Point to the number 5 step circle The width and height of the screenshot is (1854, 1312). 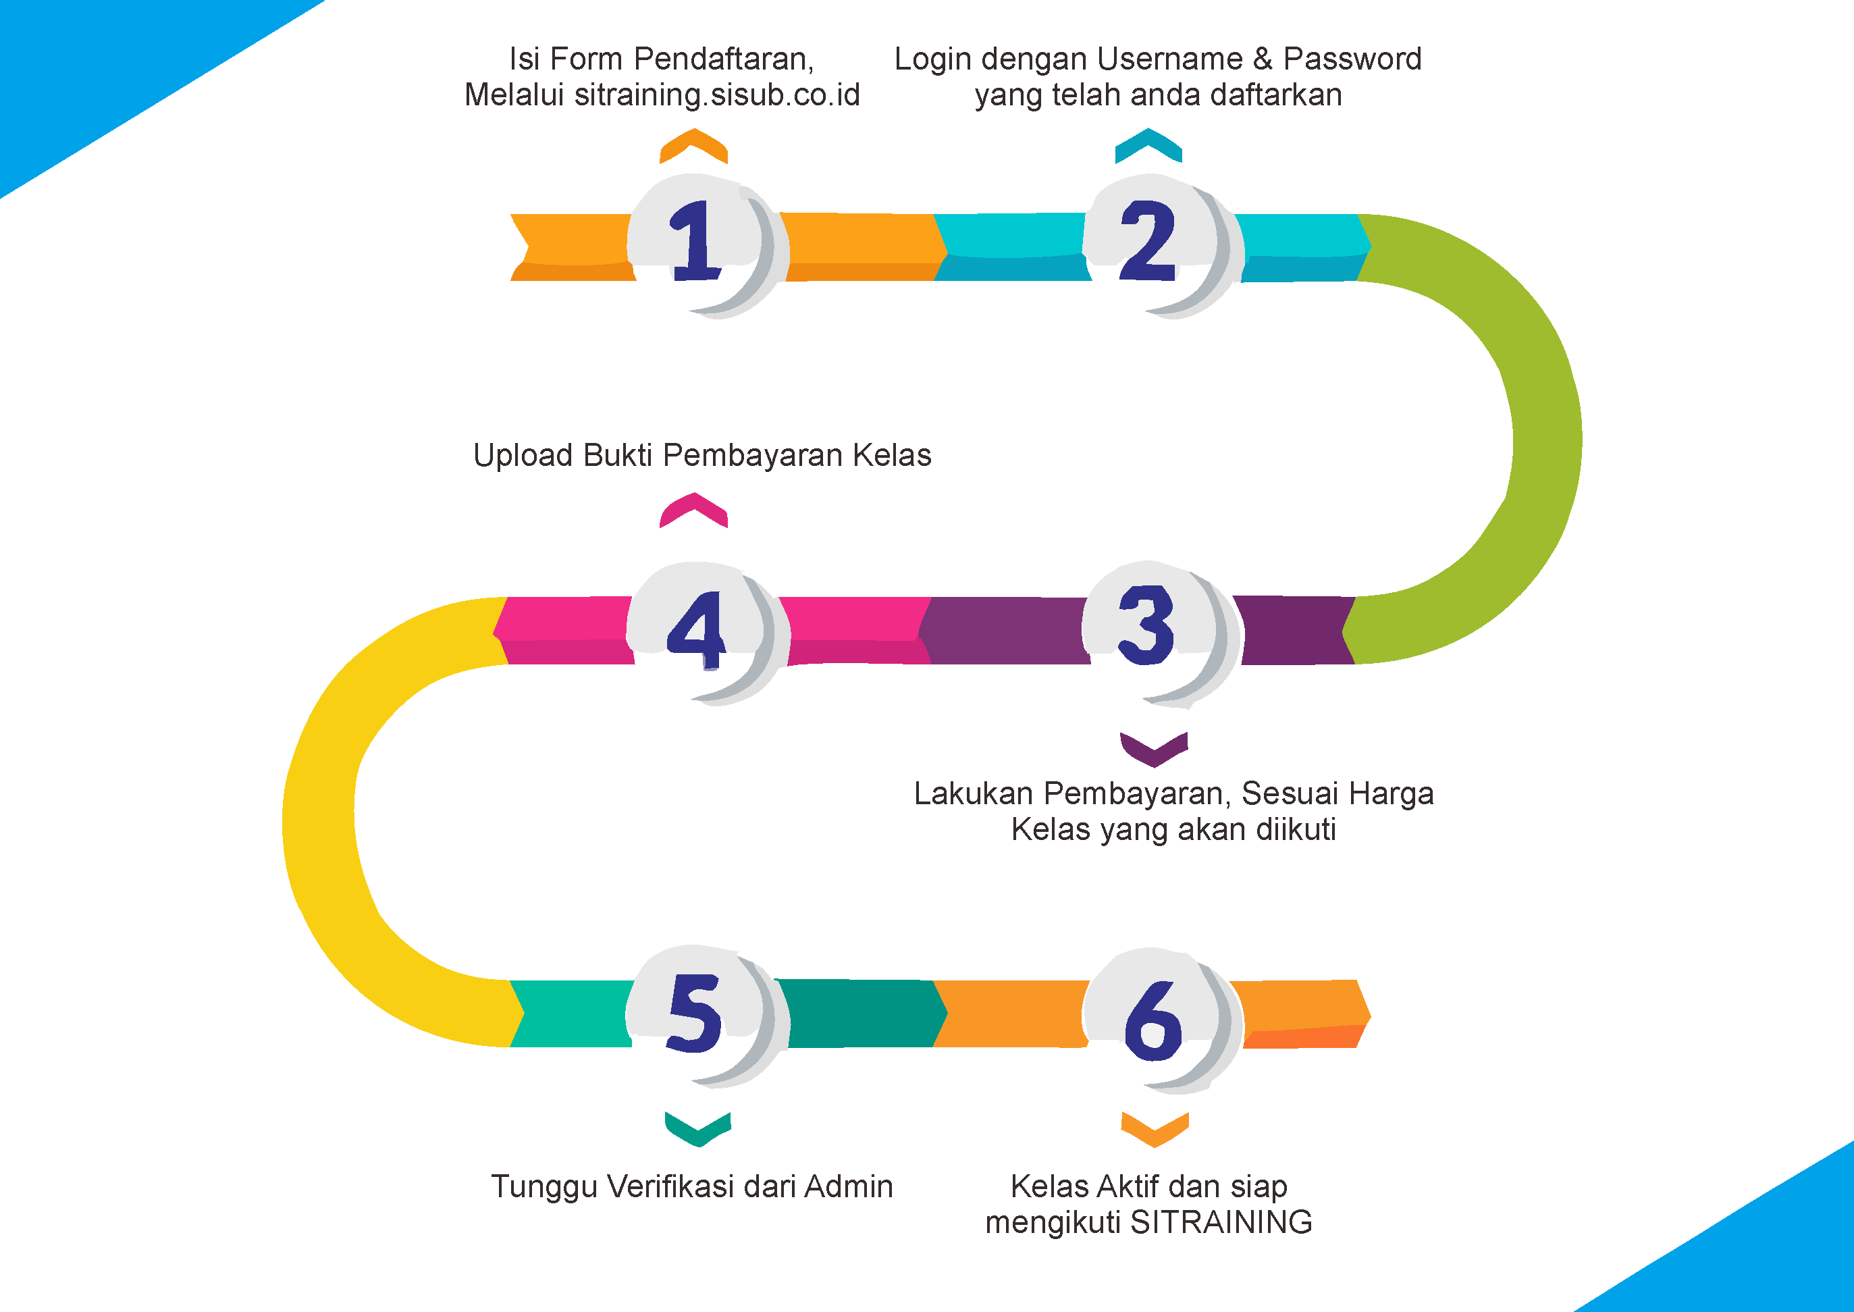pyautogui.click(x=698, y=1015)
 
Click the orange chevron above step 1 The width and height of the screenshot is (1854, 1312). pyautogui.click(x=694, y=145)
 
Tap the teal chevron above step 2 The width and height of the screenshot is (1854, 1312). pyautogui.click(x=1148, y=145)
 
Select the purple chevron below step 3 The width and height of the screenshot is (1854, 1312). pyautogui.click(x=1154, y=749)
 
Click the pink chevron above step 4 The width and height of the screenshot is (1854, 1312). pyautogui.click(x=694, y=510)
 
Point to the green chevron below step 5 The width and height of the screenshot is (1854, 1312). pyautogui.click(x=698, y=1128)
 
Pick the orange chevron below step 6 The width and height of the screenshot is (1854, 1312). pyautogui.click(x=1155, y=1128)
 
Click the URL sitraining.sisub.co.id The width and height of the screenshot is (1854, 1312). pyautogui.click(x=716, y=95)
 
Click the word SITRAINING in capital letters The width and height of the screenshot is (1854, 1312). pyautogui.click(x=1221, y=1222)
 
